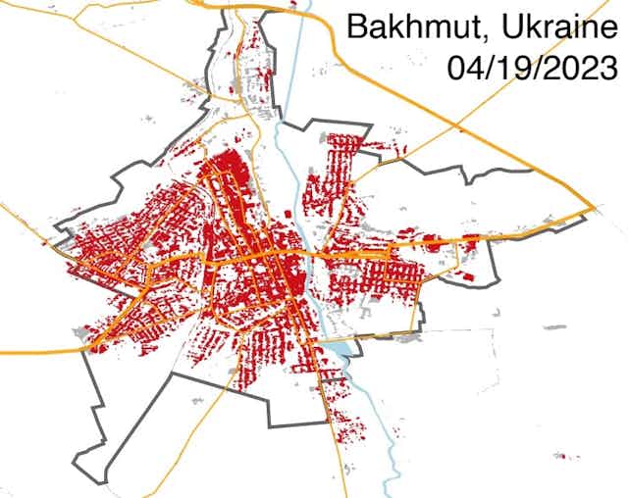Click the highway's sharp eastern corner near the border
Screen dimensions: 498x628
click(x=595, y=209)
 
